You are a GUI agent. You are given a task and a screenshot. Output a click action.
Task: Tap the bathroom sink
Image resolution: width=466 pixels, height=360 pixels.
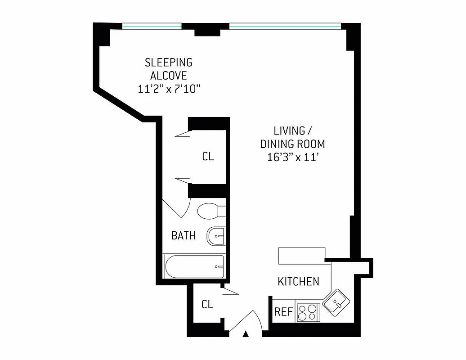click(x=215, y=236)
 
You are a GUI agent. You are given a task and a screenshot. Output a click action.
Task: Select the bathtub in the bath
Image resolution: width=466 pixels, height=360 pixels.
click(x=194, y=266)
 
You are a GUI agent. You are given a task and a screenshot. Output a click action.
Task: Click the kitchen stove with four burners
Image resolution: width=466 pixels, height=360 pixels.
click(x=308, y=312)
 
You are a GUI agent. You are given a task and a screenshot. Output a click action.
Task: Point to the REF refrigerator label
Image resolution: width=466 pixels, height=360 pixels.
click(x=284, y=312)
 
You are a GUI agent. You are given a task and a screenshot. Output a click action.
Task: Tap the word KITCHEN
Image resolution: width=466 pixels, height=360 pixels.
click(x=298, y=282)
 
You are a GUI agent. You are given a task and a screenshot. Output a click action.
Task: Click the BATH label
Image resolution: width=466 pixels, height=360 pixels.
click(x=184, y=235)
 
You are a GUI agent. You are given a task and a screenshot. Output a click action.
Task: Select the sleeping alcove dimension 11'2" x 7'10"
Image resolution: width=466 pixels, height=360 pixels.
click(x=169, y=89)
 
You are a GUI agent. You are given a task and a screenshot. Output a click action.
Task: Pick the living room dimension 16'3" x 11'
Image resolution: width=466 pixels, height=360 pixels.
click(x=293, y=157)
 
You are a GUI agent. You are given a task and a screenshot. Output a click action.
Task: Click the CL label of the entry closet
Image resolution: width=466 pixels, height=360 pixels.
click(x=207, y=305)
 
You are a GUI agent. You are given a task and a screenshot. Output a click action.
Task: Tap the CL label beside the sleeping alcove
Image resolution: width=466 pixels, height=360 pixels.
click(x=208, y=157)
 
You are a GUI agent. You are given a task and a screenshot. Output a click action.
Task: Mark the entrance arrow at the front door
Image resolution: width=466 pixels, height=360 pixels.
click(x=246, y=334)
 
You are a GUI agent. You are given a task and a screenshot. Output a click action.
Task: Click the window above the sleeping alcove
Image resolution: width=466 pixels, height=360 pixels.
click(x=152, y=26)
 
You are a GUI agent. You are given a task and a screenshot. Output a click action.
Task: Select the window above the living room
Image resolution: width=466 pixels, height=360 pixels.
click(x=285, y=26)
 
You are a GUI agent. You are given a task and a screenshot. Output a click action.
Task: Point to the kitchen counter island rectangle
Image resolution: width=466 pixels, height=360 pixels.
click(x=301, y=256)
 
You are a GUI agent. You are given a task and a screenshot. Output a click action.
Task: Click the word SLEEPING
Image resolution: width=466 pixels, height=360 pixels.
click(x=168, y=63)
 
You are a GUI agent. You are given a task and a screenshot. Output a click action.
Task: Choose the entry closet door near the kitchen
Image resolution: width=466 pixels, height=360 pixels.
click(x=230, y=292)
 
